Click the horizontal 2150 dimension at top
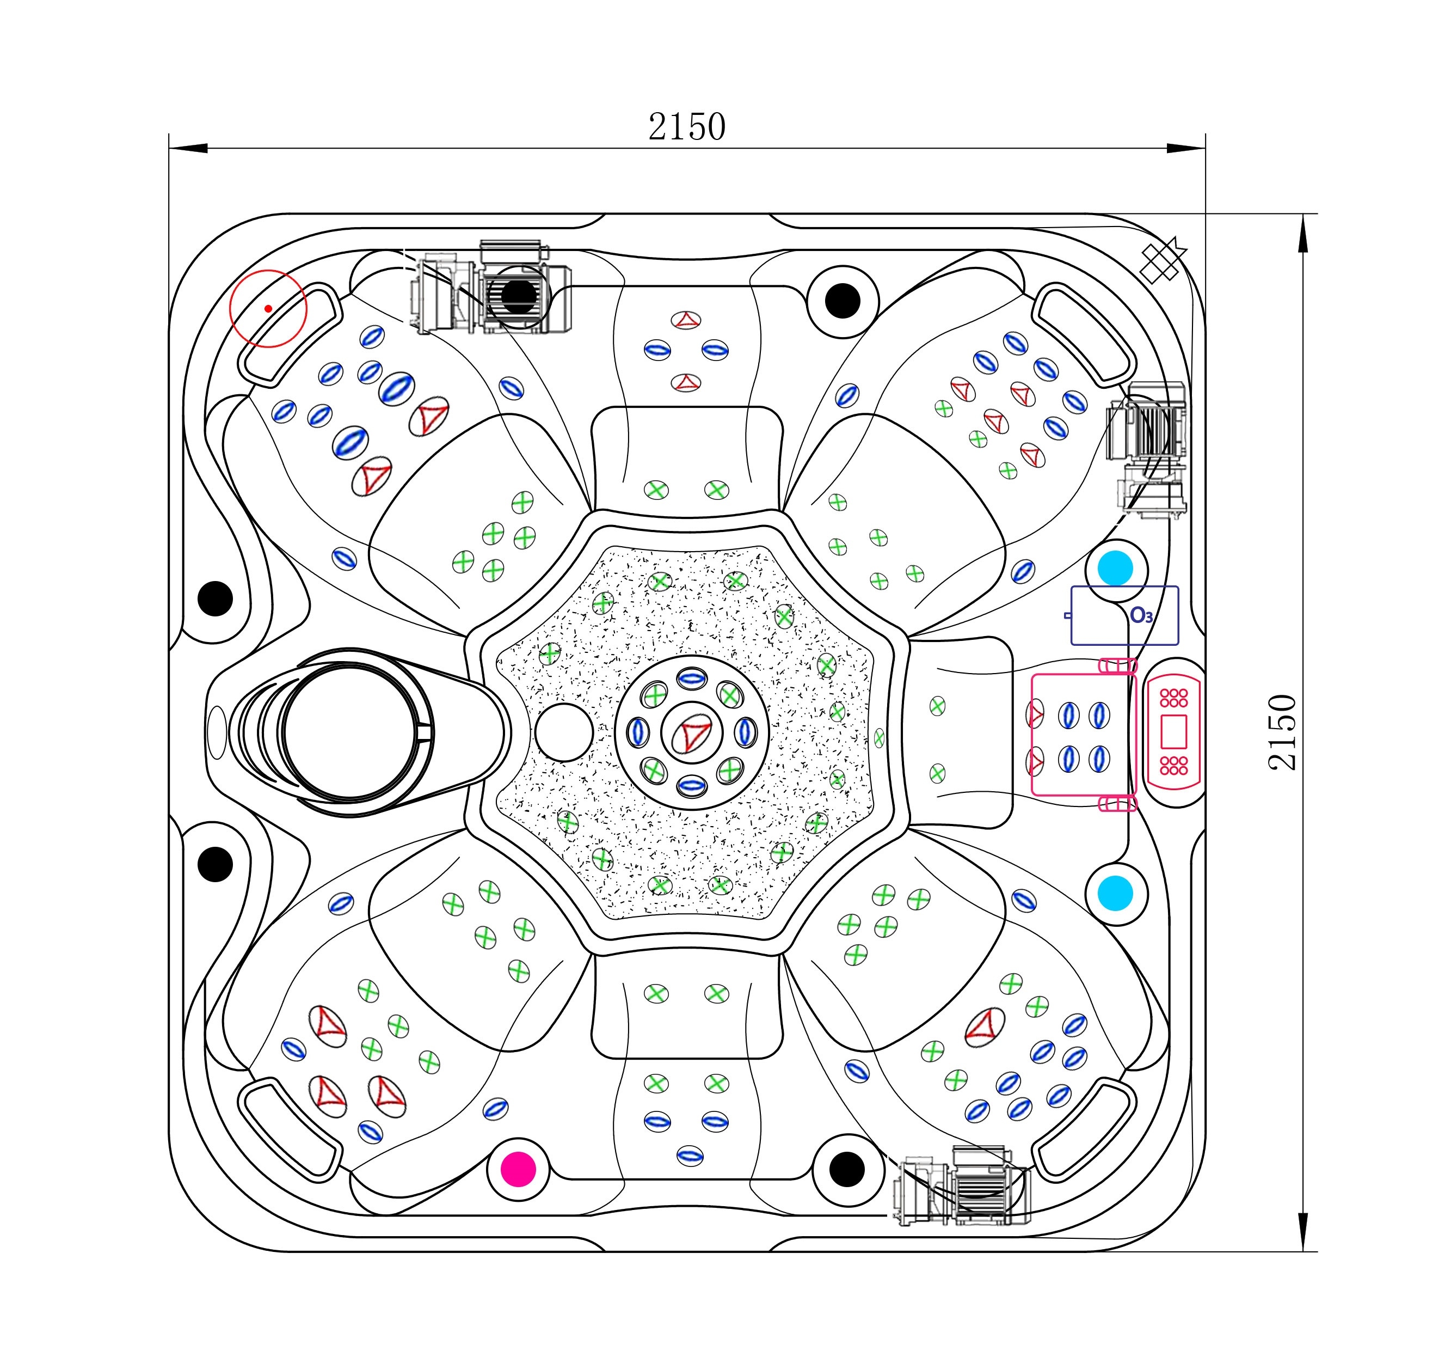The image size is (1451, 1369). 687,127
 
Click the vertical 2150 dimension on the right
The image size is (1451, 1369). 1282,732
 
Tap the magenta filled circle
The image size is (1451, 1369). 518,1169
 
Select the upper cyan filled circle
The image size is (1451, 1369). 1115,568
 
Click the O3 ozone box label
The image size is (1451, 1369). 1141,615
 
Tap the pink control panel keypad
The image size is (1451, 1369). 1173,732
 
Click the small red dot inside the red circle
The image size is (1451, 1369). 269,309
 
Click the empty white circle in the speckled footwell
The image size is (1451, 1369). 564,732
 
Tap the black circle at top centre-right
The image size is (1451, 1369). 843,301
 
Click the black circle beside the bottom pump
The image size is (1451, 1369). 847,1169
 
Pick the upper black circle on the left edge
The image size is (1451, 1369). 216,598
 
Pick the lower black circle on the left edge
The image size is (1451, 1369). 216,865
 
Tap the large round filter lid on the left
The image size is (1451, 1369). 351,732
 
